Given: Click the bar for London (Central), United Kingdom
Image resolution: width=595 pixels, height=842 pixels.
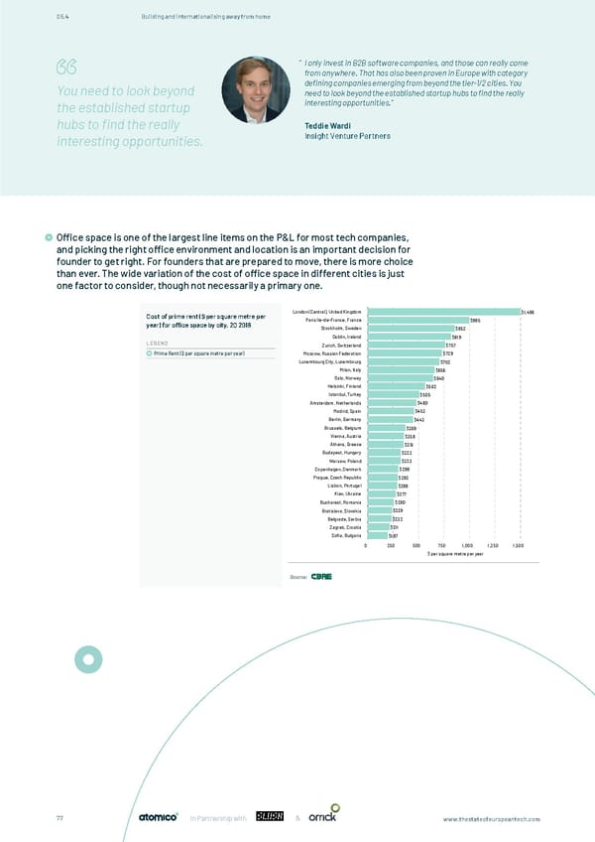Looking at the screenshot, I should click(x=441, y=312).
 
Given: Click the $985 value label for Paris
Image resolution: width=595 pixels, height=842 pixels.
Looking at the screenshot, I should click(x=475, y=320).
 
